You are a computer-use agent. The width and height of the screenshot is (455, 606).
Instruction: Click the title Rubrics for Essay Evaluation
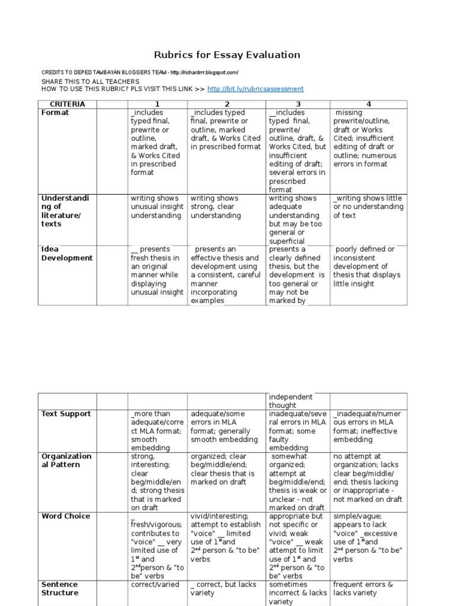pos(227,55)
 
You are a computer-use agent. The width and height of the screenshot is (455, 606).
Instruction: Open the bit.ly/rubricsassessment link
pos(255,89)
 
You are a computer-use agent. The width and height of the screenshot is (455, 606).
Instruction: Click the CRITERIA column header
pos(68,104)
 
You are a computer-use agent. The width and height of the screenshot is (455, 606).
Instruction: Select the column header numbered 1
pos(158,104)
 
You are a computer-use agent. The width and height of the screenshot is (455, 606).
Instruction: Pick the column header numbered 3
pos(298,104)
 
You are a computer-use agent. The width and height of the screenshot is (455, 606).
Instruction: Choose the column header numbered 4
pos(368,104)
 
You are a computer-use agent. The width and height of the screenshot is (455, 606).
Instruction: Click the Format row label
pos(55,112)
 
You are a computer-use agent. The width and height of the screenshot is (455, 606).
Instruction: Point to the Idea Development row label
pos(66,253)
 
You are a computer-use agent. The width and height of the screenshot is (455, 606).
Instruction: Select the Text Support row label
pos(66,414)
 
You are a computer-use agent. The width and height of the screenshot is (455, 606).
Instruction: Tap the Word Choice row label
pos(66,516)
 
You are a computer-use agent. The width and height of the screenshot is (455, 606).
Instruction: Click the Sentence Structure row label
pos(59,588)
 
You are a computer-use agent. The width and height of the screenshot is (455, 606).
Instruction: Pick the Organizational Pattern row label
pos(66,460)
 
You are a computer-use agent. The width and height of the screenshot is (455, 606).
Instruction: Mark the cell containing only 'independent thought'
pos(290,401)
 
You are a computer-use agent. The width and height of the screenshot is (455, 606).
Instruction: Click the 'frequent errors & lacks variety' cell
pos(363,588)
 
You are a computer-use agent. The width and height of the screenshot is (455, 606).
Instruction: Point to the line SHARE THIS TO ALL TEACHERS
pos(90,81)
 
